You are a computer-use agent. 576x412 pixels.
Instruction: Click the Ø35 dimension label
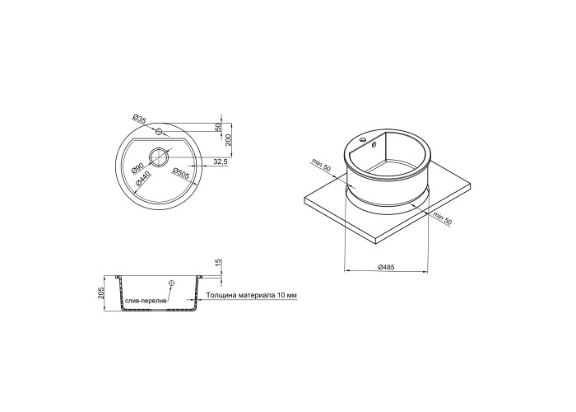click(x=139, y=119)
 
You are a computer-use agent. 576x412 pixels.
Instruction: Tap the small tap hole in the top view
click(x=159, y=131)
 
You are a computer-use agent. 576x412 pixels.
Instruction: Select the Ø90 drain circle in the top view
click(x=159, y=157)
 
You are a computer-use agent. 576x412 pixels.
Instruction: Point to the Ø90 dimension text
click(x=137, y=168)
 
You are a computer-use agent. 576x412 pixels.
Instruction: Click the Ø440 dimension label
click(x=141, y=178)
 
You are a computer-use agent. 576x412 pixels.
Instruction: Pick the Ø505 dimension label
click(x=180, y=174)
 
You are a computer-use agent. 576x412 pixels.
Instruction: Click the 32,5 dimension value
click(x=221, y=162)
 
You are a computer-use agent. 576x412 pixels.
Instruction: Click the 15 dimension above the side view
click(x=217, y=263)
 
